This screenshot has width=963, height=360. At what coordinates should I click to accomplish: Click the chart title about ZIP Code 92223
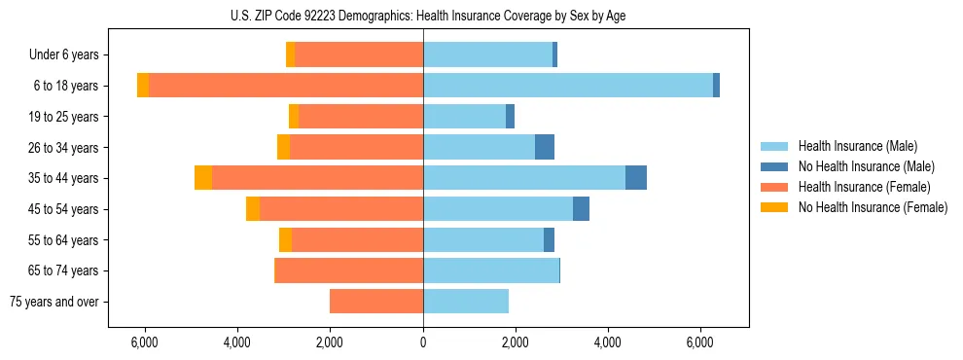coord(423,16)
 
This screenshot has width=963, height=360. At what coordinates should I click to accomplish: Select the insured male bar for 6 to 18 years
coord(567,86)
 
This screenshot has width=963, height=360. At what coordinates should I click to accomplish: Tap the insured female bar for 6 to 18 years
coord(286,86)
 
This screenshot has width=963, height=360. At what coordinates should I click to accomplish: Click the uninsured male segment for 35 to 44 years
coord(636,178)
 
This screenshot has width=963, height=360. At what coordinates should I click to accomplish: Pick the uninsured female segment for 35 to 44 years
coord(203,178)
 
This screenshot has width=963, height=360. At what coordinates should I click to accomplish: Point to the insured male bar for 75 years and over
coord(466,302)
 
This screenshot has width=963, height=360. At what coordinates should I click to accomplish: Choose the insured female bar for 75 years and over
coord(376,302)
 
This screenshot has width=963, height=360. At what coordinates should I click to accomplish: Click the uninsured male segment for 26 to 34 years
coord(545,147)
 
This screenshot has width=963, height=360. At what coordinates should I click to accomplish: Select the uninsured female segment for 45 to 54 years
coord(253,209)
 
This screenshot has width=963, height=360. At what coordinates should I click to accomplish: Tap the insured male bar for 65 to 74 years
coord(491,270)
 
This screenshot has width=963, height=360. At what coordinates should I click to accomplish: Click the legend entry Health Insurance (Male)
coord(856,146)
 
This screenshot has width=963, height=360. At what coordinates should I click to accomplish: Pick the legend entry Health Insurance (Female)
coord(864,187)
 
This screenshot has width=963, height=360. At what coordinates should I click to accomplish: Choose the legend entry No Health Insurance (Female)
coord(873,207)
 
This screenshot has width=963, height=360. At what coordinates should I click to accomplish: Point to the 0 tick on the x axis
coord(423,342)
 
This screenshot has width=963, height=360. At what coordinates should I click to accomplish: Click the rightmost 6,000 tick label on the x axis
coord(700,342)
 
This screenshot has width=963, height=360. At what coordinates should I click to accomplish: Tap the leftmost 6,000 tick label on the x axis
coord(145,342)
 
